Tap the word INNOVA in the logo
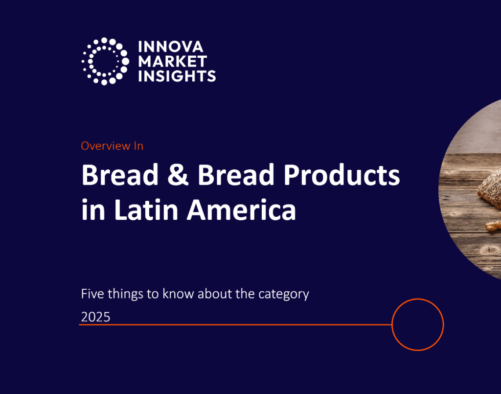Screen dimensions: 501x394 [171, 46]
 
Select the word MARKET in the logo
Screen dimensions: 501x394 [173, 61]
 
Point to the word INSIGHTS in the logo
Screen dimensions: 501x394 [177, 76]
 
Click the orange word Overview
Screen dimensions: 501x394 [106, 146]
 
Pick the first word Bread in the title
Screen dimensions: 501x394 [120, 175]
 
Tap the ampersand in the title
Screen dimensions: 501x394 [178, 175]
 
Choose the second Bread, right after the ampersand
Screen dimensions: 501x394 [236, 175]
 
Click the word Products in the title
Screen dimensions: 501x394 [342, 175]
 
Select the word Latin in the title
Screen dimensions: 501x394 [146, 209]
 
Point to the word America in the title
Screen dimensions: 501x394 [242, 209]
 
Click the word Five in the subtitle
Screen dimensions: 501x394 [92, 294]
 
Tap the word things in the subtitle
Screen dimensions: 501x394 [125, 294]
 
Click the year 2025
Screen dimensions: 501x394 [95, 317]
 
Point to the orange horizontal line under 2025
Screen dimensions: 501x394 [235, 324]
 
